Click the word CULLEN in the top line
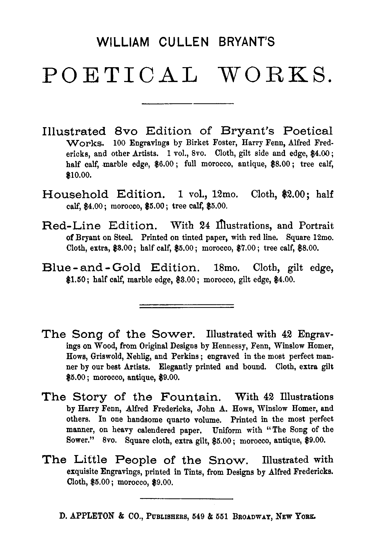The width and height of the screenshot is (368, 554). (183, 42)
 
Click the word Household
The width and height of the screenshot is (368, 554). (75, 194)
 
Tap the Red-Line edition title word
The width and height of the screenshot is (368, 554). (71, 226)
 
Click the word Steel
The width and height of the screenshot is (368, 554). (123, 237)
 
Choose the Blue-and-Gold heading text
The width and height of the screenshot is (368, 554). (91, 268)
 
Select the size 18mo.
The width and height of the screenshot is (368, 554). (227, 268)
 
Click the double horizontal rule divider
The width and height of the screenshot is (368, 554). (187, 306)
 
